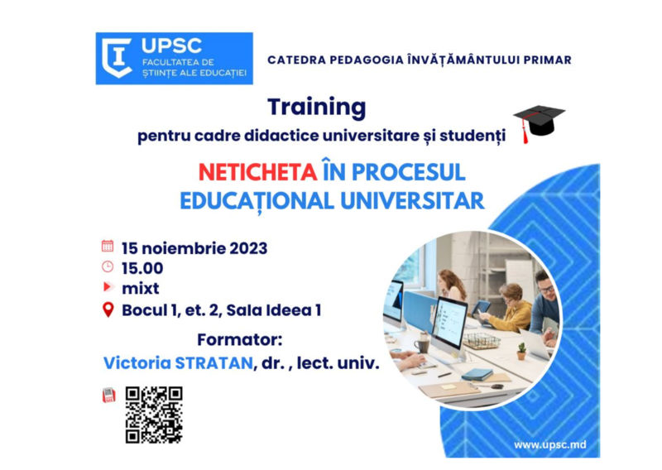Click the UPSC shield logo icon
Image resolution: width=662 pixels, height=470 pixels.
118,59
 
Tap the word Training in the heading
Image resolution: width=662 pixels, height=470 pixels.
316,107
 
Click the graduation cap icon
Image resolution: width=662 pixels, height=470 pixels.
538,123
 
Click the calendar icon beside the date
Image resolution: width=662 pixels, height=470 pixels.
108,247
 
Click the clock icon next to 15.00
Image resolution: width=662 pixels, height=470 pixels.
108,267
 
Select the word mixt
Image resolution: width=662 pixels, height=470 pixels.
140,289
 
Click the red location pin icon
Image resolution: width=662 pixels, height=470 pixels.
108,310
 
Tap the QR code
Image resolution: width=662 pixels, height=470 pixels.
154,415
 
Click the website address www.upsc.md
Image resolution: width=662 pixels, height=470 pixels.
549,445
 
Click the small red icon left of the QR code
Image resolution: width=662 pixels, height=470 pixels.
108,396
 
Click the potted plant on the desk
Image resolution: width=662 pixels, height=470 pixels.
521,351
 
